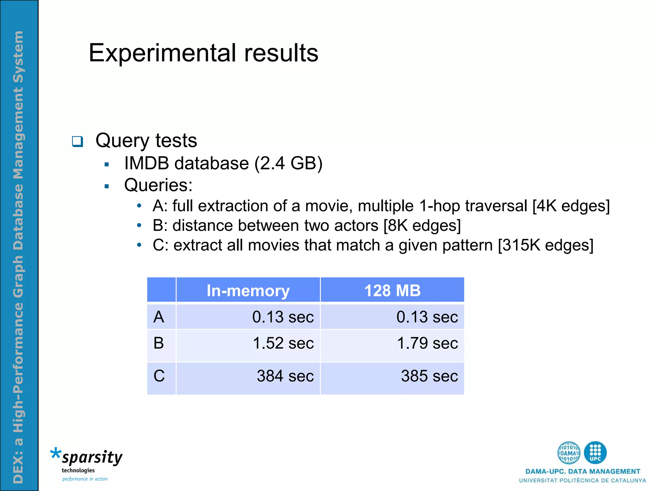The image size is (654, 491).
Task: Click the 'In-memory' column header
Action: pyautogui.click(x=248, y=290)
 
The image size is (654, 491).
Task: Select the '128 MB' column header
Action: pyautogui.click(x=392, y=290)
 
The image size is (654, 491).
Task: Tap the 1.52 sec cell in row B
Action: pyautogui.click(x=283, y=343)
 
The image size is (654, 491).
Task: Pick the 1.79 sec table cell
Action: pyautogui.click(x=427, y=343)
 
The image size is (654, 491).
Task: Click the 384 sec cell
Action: pyautogui.click(x=285, y=376)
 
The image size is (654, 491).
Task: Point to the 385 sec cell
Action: pyautogui.click(x=430, y=376)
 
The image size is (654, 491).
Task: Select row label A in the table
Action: pyautogui.click(x=159, y=317)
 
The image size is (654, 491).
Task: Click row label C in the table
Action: pyautogui.click(x=159, y=376)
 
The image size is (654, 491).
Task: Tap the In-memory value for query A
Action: pyautogui.click(x=283, y=317)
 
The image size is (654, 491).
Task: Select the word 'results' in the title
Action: pyautogui.click(x=281, y=53)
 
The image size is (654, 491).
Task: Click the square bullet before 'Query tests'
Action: pyautogui.click(x=78, y=141)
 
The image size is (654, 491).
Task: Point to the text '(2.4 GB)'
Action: pyautogui.click(x=288, y=163)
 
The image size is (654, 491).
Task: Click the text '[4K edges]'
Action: pyautogui.click(x=571, y=206)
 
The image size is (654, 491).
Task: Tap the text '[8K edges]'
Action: pyautogui.click(x=422, y=226)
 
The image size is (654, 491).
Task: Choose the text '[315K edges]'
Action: pyautogui.click(x=545, y=245)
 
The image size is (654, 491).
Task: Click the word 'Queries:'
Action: pyautogui.click(x=158, y=185)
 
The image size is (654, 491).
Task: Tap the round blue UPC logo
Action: pyautogui.click(x=595, y=453)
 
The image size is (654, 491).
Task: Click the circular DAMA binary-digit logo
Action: pyautogui.click(x=569, y=453)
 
